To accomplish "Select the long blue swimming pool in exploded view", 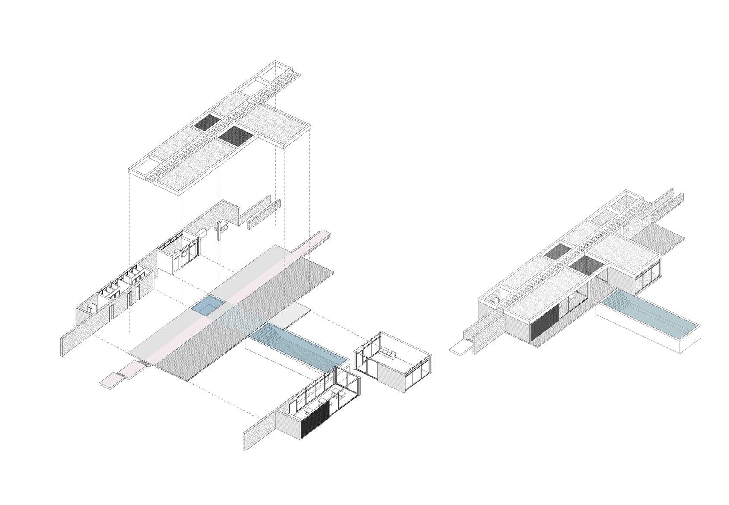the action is pyautogui.click(x=302, y=345).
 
